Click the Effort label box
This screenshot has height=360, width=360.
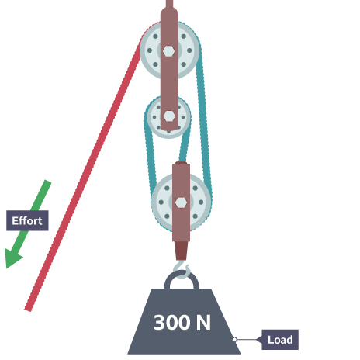point(27,220)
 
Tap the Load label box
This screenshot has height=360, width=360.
point(280,340)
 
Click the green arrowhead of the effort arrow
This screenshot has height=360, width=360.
point(13,258)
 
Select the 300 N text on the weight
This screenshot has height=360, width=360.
point(182,323)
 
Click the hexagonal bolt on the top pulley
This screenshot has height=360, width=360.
point(168,51)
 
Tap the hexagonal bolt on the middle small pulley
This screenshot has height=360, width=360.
point(169,116)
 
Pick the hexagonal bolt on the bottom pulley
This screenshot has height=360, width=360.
point(181,202)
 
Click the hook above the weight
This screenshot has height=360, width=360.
point(182,269)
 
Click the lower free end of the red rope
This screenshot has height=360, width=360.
point(28,310)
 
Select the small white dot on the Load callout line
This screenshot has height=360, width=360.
point(234,340)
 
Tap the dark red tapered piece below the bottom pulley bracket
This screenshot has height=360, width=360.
point(181,251)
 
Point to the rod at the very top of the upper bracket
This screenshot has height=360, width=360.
point(169,4)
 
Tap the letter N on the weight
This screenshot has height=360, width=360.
point(203,323)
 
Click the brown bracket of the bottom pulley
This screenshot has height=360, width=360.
point(181,202)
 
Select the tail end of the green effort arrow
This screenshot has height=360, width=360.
point(48,182)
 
